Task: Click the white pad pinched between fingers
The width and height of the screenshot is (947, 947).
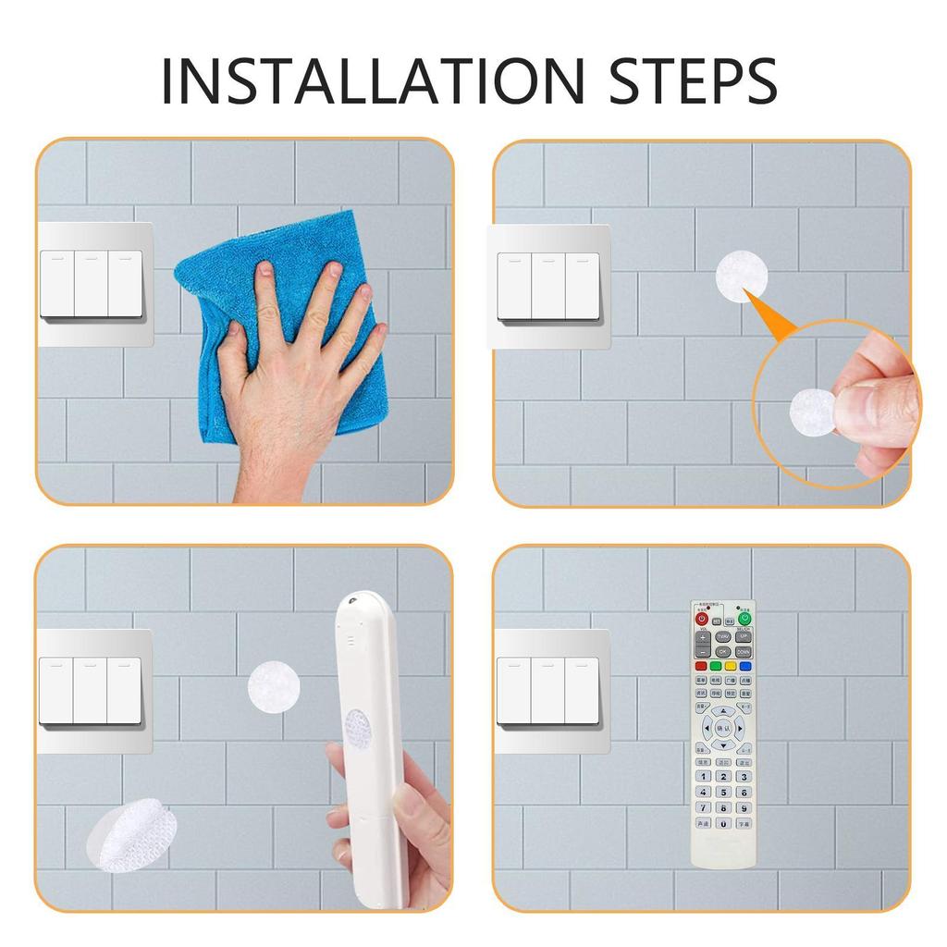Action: tap(811, 409)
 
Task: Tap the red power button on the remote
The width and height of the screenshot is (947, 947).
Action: tap(702, 619)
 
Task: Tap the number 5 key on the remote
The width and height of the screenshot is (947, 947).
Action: tap(723, 792)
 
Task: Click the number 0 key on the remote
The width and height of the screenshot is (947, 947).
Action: tap(723, 823)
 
